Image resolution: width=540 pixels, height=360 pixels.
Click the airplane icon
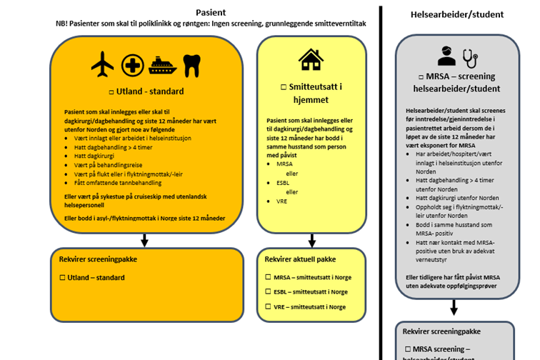pyautogui.click(x=103, y=65)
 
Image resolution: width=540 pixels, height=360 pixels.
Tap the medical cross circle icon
pyautogui.click(x=132, y=65)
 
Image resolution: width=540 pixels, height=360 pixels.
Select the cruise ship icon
pyautogui.click(x=162, y=66)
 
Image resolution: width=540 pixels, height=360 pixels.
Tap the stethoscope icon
pyautogui.click(x=471, y=56)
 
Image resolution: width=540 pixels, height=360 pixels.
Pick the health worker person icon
pyautogui.click(x=446, y=56)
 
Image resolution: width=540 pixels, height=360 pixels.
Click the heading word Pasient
pyautogui.click(x=211, y=12)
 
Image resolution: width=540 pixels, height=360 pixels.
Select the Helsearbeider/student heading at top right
pyautogui.click(x=457, y=14)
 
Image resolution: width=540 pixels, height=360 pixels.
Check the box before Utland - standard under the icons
pyautogui.click(x=111, y=92)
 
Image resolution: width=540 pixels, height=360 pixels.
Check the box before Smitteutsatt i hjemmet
pyautogui.click(x=284, y=86)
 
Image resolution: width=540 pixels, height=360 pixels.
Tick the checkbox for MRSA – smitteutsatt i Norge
pyautogui.click(x=268, y=276)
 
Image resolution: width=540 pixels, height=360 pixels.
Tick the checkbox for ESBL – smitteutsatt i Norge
pyautogui.click(x=268, y=291)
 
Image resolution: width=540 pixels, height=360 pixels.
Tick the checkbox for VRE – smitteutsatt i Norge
pyautogui.click(x=268, y=306)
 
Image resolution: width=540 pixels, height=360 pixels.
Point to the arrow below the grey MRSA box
pyautogui.click(x=453, y=308)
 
